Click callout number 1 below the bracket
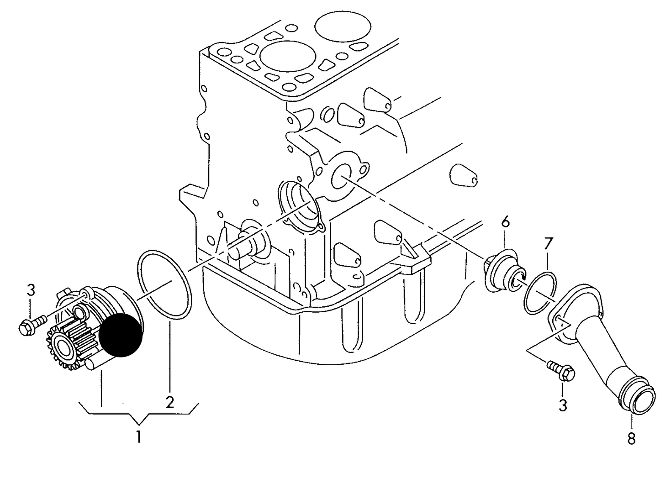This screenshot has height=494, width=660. pos(138,436)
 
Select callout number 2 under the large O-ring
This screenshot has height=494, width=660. pos(169,402)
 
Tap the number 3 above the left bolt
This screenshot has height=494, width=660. pos(31,291)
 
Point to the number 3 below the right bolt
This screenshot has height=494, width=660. pos(563,405)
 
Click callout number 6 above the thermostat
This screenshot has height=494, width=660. pos(505,222)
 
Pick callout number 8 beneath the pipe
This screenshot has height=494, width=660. pos(631,438)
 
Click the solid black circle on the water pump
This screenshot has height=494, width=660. pos(121,335)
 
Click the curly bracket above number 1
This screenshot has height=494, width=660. pos(139,415)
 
